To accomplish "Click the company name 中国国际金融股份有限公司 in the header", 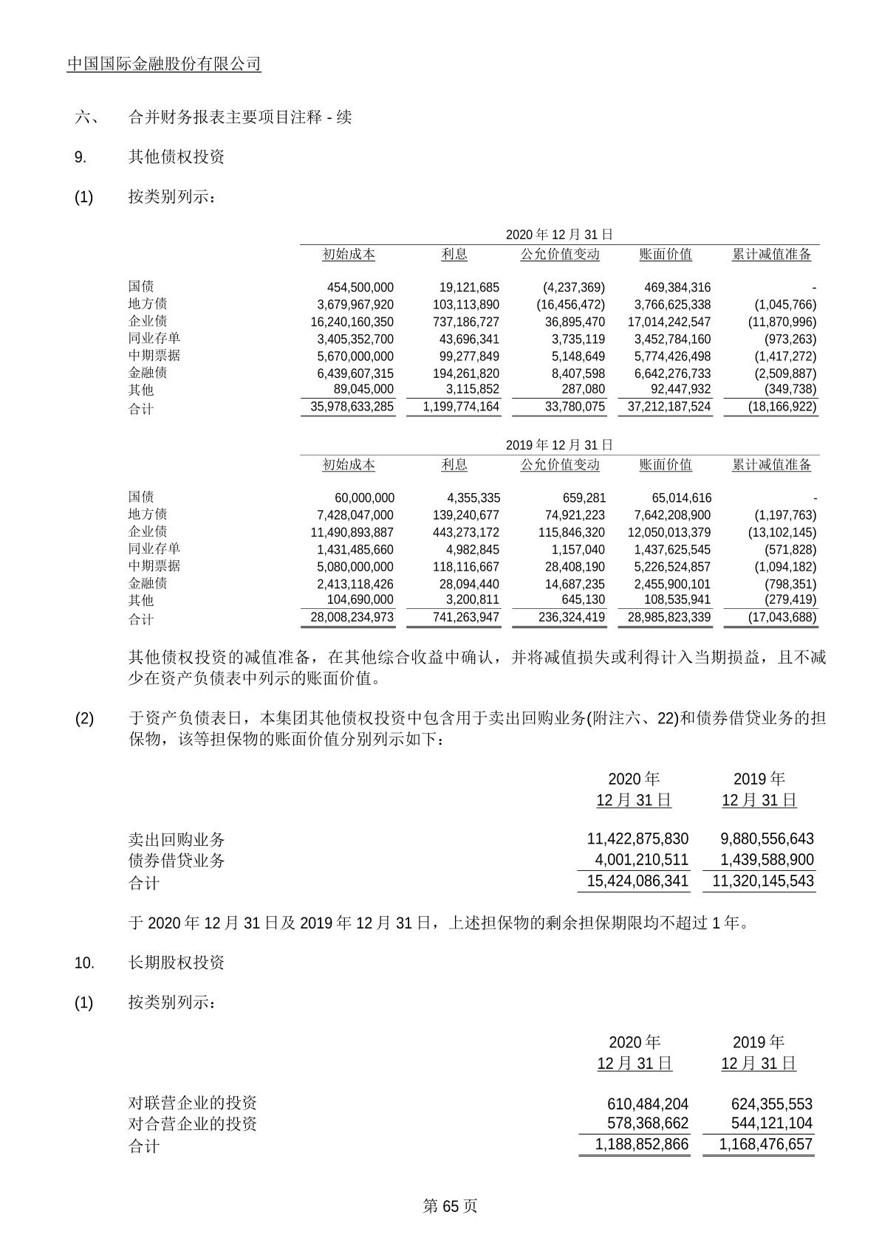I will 164,64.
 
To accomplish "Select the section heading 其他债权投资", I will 176,157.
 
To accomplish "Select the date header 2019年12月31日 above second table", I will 559,445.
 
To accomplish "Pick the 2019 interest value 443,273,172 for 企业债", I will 465,533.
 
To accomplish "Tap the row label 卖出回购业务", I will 176,840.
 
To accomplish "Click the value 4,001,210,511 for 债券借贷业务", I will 641,860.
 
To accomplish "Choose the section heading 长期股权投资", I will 176,963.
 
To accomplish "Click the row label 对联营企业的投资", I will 192,1103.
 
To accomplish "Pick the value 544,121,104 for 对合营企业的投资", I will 771,1123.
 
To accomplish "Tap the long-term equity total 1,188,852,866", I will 641,1145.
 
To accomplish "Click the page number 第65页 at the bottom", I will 450,1206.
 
